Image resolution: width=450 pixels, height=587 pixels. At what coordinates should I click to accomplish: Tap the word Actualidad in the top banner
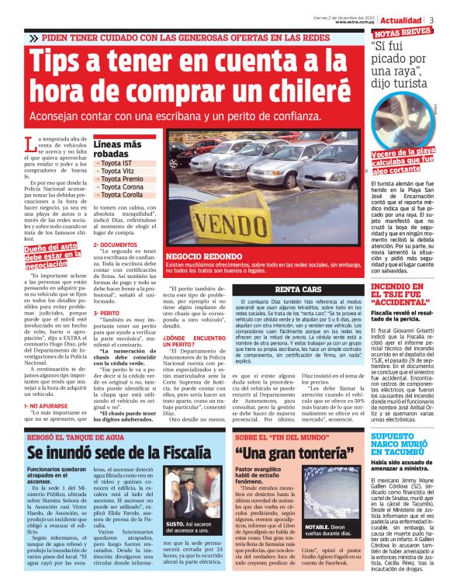click(x=401, y=19)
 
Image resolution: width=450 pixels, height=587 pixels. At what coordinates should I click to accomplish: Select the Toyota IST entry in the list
click(x=116, y=163)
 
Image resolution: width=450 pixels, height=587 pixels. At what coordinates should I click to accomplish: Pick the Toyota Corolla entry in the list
click(x=121, y=194)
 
